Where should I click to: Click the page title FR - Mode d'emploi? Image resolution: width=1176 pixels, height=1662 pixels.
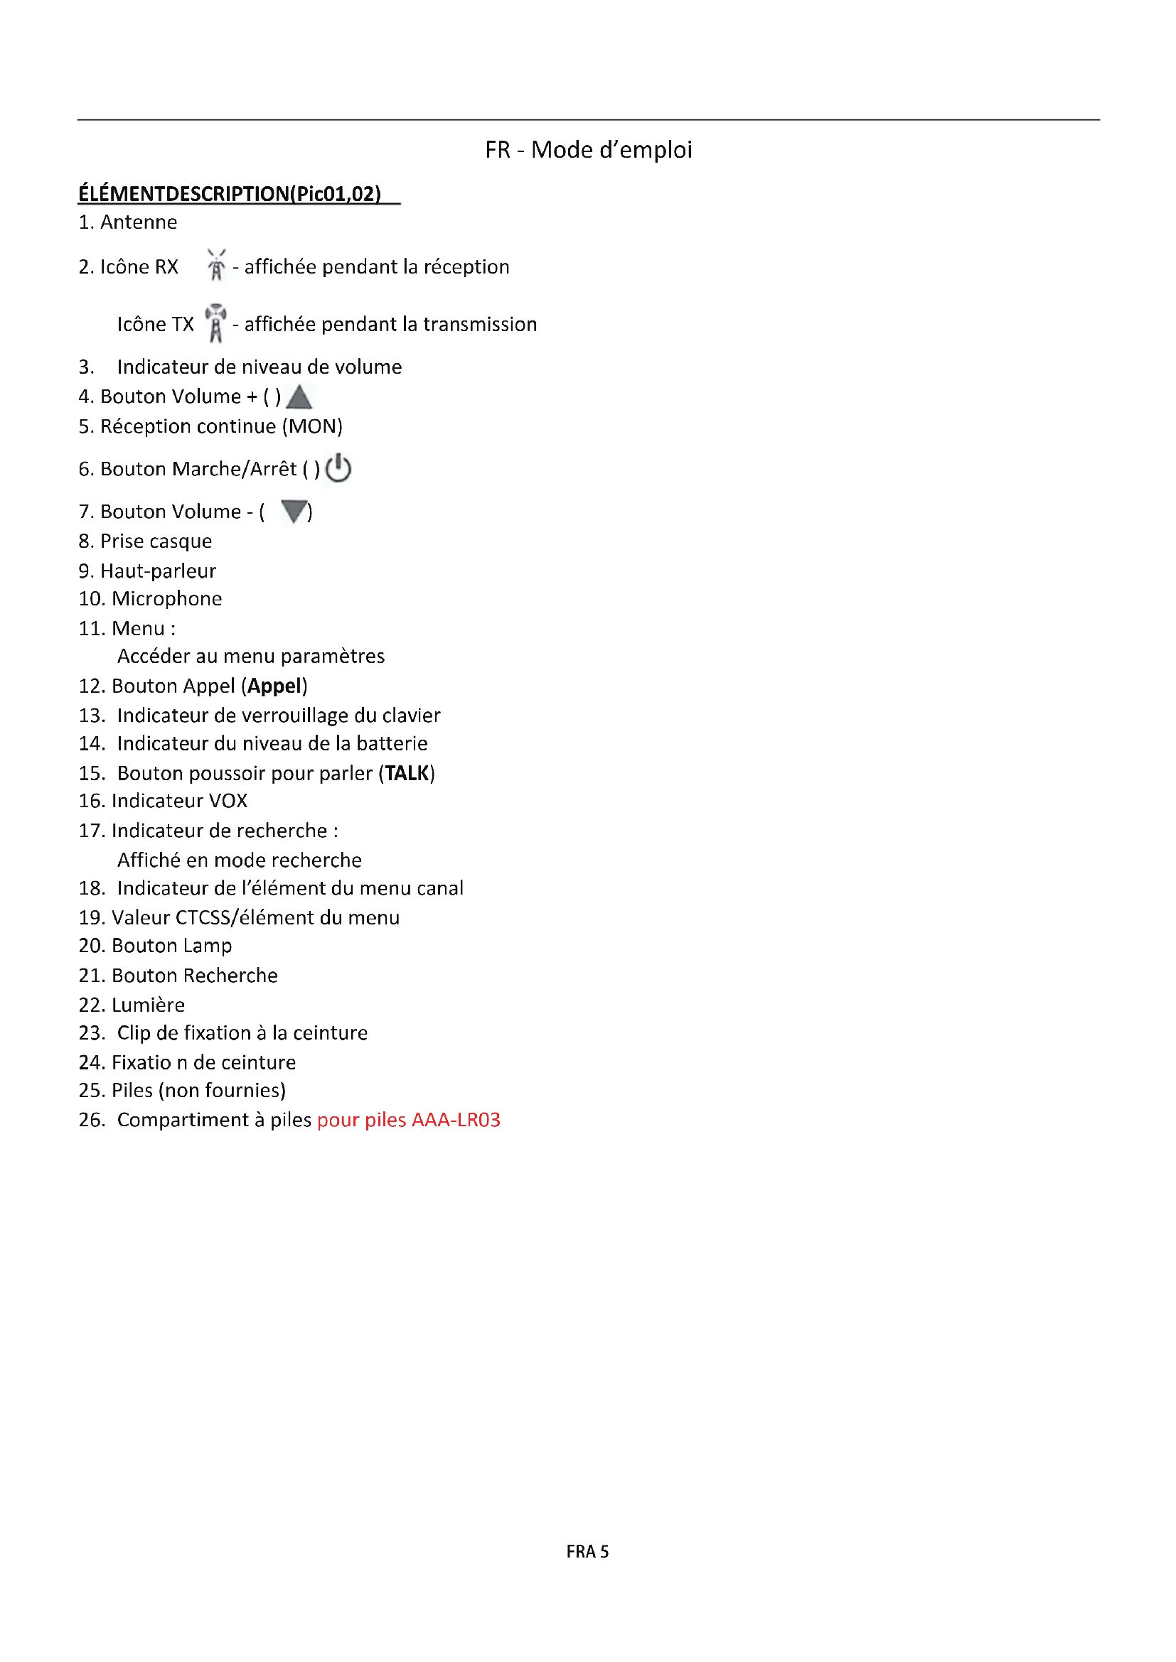[x=588, y=150]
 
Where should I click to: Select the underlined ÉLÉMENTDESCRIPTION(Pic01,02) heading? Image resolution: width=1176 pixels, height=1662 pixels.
[x=230, y=194]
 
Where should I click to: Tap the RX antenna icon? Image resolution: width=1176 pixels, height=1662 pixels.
[x=216, y=265]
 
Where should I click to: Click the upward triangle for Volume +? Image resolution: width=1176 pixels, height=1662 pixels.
[x=299, y=396]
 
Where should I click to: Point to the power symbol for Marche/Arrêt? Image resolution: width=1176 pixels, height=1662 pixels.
[x=338, y=468]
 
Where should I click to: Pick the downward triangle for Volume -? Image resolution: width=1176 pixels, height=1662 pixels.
[x=294, y=511]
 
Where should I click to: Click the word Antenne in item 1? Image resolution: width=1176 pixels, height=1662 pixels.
[x=139, y=222]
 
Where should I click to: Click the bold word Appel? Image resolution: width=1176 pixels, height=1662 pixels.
[x=274, y=686]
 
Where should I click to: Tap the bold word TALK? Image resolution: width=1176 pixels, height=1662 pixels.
[x=406, y=773]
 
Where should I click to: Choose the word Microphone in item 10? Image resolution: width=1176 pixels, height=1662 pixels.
[x=166, y=598]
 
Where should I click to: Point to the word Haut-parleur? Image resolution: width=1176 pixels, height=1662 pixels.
[x=158, y=571]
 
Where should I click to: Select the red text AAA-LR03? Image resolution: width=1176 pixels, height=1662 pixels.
[x=456, y=1120]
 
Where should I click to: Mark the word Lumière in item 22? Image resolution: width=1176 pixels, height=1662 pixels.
[x=148, y=1005]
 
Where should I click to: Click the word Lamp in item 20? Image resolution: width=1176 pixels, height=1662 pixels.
[x=207, y=946]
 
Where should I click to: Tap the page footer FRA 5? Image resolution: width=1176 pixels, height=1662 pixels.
[x=587, y=1551]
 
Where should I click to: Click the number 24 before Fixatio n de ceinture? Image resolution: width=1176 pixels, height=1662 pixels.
[x=90, y=1062]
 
